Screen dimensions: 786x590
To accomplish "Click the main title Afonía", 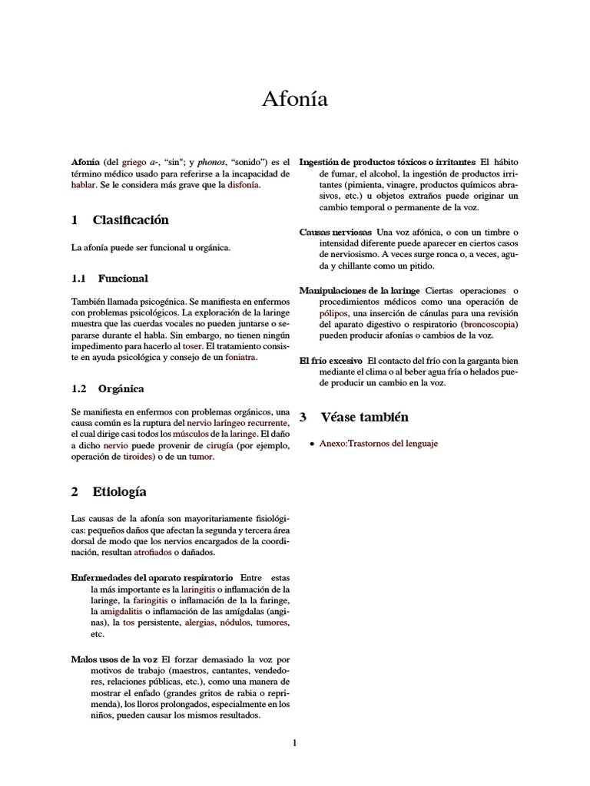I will [x=294, y=100].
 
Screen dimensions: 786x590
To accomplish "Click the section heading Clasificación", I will [x=130, y=220].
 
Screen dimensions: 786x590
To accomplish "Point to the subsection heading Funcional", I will [x=123, y=278].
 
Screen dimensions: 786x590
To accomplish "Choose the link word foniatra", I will [x=240, y=357].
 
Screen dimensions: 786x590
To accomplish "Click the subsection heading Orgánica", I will [x=121, y=389].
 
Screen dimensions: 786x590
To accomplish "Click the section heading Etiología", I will [x=119, y=492].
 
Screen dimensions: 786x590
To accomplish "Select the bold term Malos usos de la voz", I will [x=115, y=659].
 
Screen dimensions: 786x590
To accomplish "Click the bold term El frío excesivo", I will [x=330, y=360].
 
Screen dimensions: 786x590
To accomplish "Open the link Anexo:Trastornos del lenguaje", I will [x=379, y=444].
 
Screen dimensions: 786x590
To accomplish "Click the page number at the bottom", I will [x=294, y=742].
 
